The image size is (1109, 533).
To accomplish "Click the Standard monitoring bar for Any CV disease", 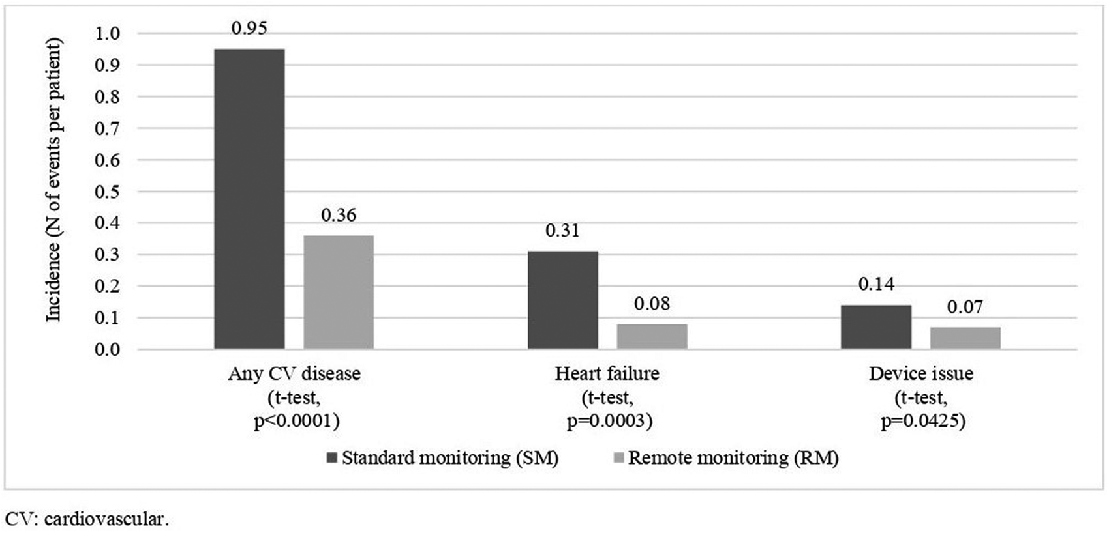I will pos(249,199).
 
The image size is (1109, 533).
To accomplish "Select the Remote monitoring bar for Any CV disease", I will pos(339,292).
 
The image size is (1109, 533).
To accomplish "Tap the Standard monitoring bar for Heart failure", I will pos(562,300).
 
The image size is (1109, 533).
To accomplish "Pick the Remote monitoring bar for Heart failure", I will pos(652,336).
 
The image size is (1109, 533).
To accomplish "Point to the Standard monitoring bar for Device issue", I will pos(875,327).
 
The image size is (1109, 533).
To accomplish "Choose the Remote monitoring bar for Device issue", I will pos(965,338).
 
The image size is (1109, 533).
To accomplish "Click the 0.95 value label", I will pos(249,28).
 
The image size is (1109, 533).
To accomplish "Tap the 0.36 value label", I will pos(339,215).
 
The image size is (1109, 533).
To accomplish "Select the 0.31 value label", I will pos(562,231).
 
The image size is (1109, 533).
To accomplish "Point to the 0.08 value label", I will pos(652,304).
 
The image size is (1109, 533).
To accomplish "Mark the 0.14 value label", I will pos(875,284).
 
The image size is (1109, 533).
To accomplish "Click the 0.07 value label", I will pos(965,307).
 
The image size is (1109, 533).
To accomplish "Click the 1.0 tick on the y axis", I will pos(108,33).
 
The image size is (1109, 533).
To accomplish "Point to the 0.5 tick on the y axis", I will pos(108,192).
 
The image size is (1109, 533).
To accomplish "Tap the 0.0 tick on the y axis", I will pos(108,350).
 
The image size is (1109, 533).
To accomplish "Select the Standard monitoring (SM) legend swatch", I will pos(331,458).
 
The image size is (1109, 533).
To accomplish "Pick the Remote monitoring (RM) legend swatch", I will pos(618,458).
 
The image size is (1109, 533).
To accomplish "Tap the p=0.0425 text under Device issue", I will pos(922,422).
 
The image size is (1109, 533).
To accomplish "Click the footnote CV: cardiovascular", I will pos(87,519).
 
